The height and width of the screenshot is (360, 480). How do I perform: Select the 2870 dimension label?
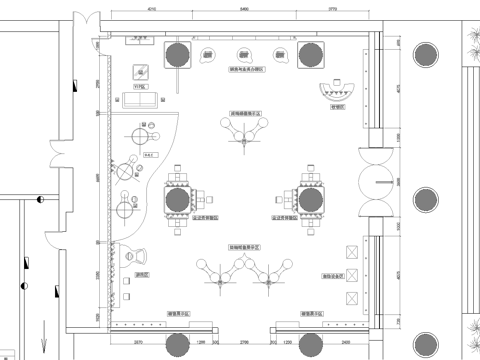pos(137,344)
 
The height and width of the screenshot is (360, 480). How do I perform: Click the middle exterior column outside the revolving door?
pos(429,198)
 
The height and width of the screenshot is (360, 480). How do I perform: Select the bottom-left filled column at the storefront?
pos(179,346)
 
